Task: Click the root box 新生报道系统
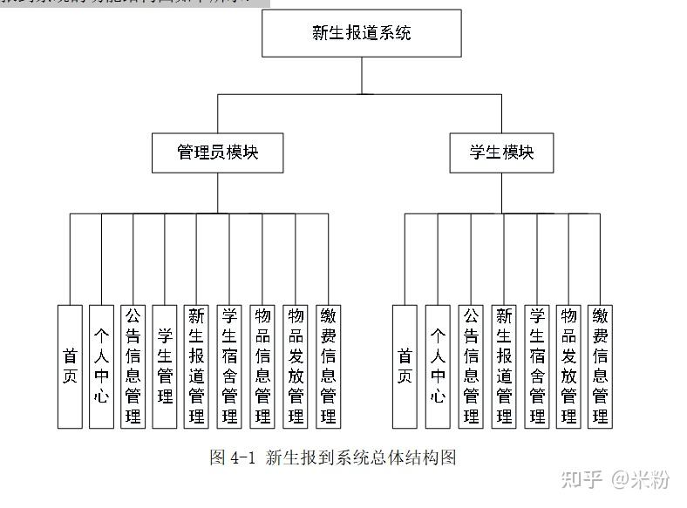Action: pos(362,33)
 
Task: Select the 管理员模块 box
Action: pos(218,152)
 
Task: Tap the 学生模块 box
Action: pos(501,152)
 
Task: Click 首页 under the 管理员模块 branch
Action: pos(70,366)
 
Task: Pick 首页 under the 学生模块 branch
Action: pos(405,366)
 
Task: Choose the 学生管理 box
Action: pos(165,366)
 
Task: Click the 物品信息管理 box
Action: pos(262,366)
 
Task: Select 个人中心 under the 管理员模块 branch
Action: pos(101,366)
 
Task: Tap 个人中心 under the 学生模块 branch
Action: pos(438,366)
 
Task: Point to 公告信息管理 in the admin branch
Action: pos(133,366)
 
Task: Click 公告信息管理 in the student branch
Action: pos(471,366)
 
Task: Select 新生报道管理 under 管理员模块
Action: pos(197,366)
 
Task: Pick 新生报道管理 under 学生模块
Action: pos(503,366)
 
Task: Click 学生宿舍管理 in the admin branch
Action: pos(230,366)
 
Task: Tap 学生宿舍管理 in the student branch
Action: pos(536,366)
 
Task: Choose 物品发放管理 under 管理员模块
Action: pos(296,366)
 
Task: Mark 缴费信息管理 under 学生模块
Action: pos(600,366)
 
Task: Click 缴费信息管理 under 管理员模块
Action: pos(328,366)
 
